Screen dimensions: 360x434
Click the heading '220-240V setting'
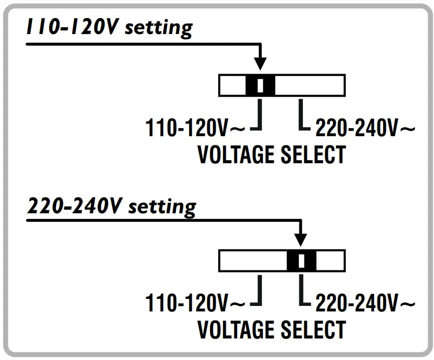click(x=111, y=206)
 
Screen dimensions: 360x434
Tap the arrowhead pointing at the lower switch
click(x=301, y=240)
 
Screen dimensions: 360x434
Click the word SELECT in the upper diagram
click(x=313, y=155)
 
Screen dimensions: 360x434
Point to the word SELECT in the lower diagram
click(x=313, y=329)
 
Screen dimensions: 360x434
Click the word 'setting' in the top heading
click(x=158, y=28)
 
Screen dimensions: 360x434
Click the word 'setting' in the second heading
click(x=162, y=206)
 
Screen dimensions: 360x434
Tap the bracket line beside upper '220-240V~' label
click(x=300, y=115)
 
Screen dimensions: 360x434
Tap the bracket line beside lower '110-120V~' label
click(x=259, y=290)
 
